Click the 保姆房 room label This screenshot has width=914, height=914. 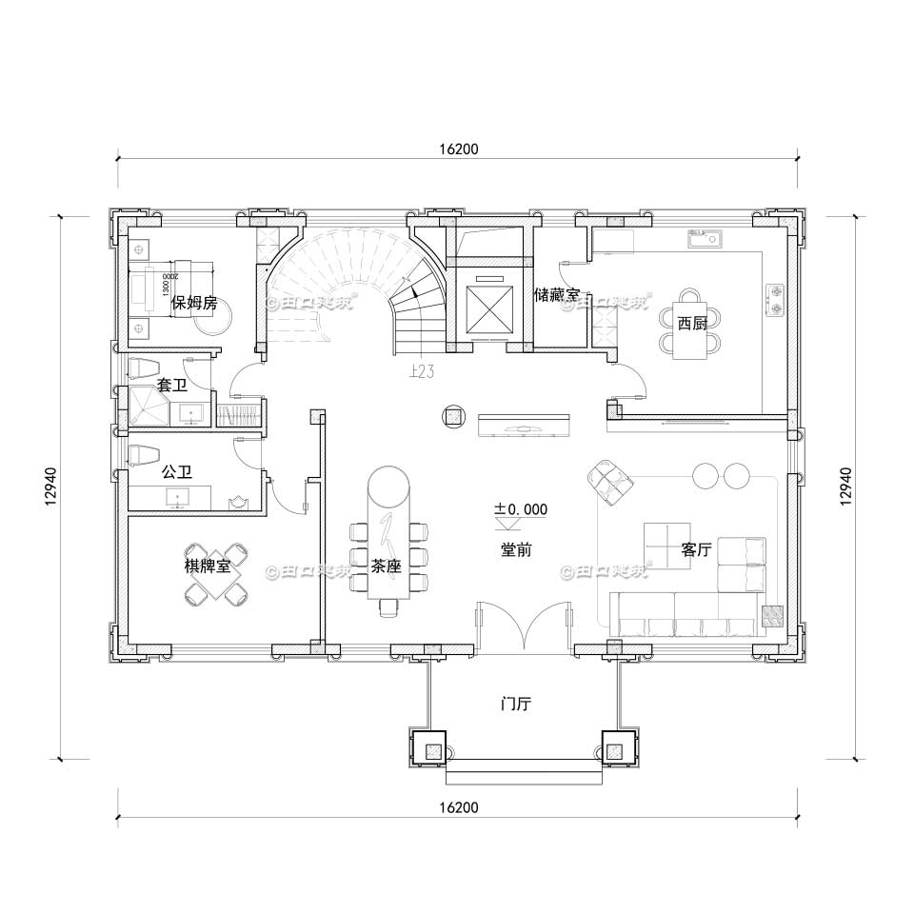click(194, 304)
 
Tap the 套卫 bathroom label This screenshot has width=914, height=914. click(171, 387)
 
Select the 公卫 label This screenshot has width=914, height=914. click(175, 471)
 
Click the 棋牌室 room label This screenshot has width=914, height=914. click(208, 566)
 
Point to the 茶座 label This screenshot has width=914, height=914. click(386, 566)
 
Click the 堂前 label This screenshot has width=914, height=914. click(516, 549)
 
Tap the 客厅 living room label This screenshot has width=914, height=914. click(696, 549)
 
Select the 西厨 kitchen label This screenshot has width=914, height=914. click(692, 324)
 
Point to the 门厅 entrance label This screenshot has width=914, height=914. click(516, 705)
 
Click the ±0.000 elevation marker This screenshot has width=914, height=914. click(520, 509)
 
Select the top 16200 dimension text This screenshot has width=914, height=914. click(458, 149)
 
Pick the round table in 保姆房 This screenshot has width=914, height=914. click(210, 320)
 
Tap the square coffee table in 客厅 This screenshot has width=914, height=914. click(667, 546)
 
